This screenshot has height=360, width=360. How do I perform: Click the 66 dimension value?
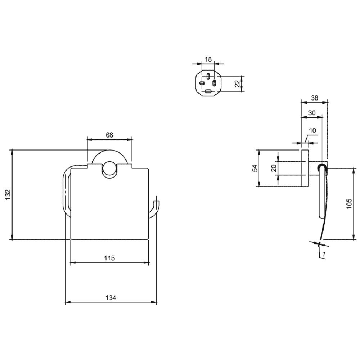tap(109, 135)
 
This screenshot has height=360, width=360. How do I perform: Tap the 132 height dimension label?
tap(8, 194)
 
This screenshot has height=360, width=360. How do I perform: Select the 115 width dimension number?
tap(109, 258)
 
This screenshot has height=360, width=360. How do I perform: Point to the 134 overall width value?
tap(111, 298)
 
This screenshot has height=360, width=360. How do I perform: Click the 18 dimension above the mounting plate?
tap(208, 59)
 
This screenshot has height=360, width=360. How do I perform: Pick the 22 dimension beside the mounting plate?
tap(237, 83)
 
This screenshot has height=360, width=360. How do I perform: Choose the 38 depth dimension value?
tap(315, 98)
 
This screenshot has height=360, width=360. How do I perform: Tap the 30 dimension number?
tap(312, 113)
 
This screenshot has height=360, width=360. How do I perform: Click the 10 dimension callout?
tap(312, 130)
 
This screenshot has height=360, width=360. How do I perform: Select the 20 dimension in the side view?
tap(274, 168)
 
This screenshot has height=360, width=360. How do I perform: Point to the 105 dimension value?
tap(349, 204)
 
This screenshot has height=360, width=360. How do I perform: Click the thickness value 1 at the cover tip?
tap(324, 254)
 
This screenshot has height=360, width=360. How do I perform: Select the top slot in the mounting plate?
tap(208, 76)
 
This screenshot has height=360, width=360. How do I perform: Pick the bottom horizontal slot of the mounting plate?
tap(208, 91)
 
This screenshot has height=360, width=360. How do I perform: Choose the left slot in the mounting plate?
tap(202, 84)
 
